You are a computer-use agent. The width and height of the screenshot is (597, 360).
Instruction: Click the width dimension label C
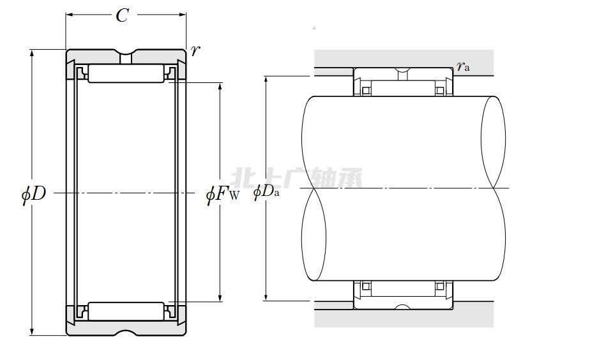tap(122, 15)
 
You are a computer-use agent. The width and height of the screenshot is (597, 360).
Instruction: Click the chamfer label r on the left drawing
tap(195, 50)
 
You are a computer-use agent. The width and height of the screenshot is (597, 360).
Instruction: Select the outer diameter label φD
tap(33, 193)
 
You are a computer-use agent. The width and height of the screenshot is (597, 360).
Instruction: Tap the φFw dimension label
tap(223, 193)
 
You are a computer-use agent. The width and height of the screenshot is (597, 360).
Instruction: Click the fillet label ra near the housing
tap(464, 66)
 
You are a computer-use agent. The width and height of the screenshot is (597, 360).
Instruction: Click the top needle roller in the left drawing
tap(126, 73)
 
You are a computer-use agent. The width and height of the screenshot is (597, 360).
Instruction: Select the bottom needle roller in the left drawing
tap(126, 311)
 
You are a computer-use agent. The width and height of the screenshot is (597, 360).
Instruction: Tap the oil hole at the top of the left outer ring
tap(126, 59)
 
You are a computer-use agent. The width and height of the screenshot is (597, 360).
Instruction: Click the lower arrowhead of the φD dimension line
tap(32, 331)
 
